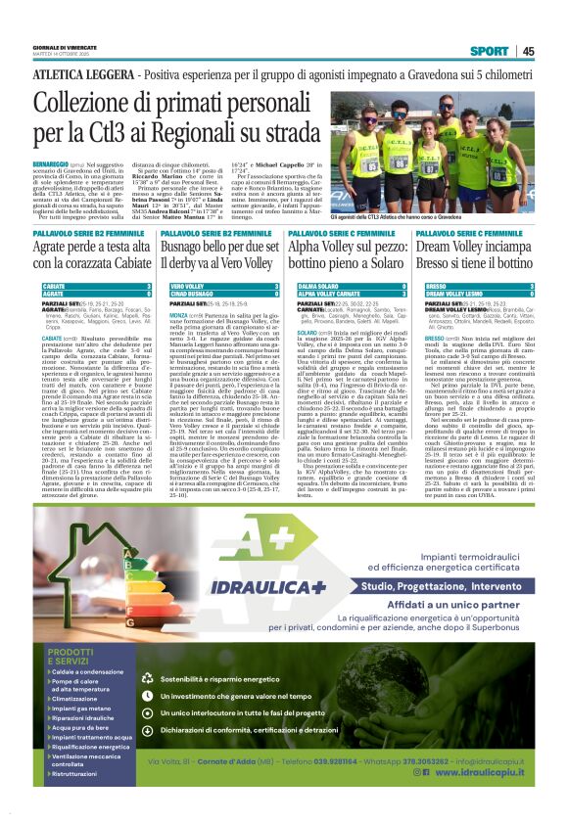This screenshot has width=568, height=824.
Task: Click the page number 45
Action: coord(528,51)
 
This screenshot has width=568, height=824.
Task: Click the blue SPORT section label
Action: coord(489,51)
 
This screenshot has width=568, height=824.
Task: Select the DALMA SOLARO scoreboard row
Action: coord(347,286)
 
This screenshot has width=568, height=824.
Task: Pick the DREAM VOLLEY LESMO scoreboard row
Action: coord(474,294)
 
